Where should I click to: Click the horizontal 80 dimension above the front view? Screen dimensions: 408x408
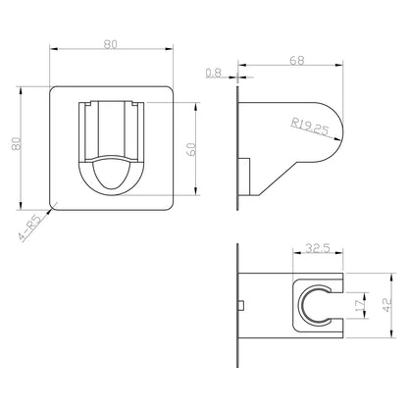pyautogui.click(x=111, y=44)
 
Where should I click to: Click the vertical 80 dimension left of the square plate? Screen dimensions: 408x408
pyautogui.click(x=17, y=143)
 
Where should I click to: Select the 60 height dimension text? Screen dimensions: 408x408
pyautogui.click(x=192, y=149)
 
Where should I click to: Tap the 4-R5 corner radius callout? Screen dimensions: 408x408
pyautogui.click(x=30, y=228)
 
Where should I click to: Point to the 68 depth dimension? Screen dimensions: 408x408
pyautogui.click(x=297, y=61)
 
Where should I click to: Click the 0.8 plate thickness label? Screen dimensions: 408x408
pyautogui.click(x=214, y=73)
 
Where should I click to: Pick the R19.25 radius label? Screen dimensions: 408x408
pyautogui.click(x=310, y=127)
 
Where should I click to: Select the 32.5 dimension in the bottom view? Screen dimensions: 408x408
pyautogui.click(x=318, y=248)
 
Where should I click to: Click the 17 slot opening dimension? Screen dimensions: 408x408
pyautogui.click(x=360, y=305)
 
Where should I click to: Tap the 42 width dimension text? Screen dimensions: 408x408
pyautogui.click(x=387, y=305)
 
